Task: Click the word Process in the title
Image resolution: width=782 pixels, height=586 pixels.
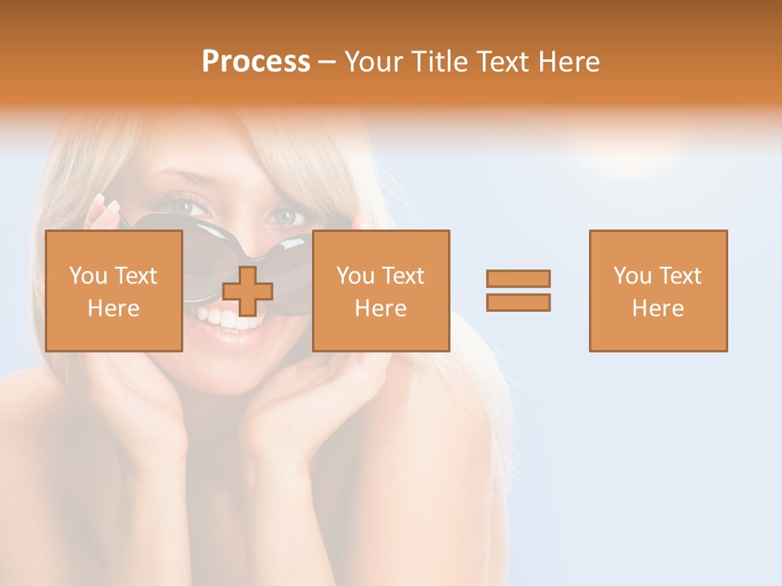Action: (256, 62)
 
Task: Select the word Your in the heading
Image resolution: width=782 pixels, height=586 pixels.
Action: (376, 62)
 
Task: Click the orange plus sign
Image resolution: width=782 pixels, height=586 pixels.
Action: (248, 291)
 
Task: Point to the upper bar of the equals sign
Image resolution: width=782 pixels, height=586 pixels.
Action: (518, 279)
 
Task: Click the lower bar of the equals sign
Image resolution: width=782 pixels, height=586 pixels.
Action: (518, 302)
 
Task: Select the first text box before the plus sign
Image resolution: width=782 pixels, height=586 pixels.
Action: (114, 291)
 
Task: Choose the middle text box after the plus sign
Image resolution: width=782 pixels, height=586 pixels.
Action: (381, 291)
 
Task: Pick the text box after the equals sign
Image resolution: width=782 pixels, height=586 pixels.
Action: (658, 291)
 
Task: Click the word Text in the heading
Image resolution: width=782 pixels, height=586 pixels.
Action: (505, 62)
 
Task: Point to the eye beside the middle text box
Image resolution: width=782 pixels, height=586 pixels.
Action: (288, 216)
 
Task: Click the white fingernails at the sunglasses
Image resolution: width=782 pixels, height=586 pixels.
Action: (109, 203)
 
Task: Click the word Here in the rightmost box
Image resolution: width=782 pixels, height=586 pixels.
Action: (658, 308)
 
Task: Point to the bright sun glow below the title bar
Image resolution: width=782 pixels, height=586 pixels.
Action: (627, 146)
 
